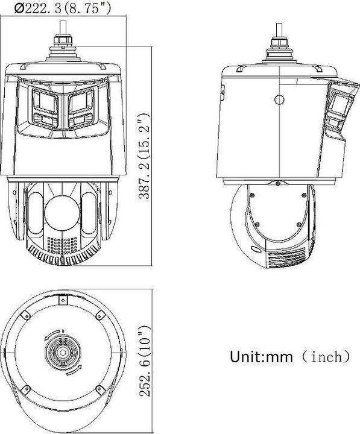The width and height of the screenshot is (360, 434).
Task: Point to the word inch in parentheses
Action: point(326,356)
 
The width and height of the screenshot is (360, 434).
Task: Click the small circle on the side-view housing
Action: point(279,99)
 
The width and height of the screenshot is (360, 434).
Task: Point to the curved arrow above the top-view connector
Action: point(54,333)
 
